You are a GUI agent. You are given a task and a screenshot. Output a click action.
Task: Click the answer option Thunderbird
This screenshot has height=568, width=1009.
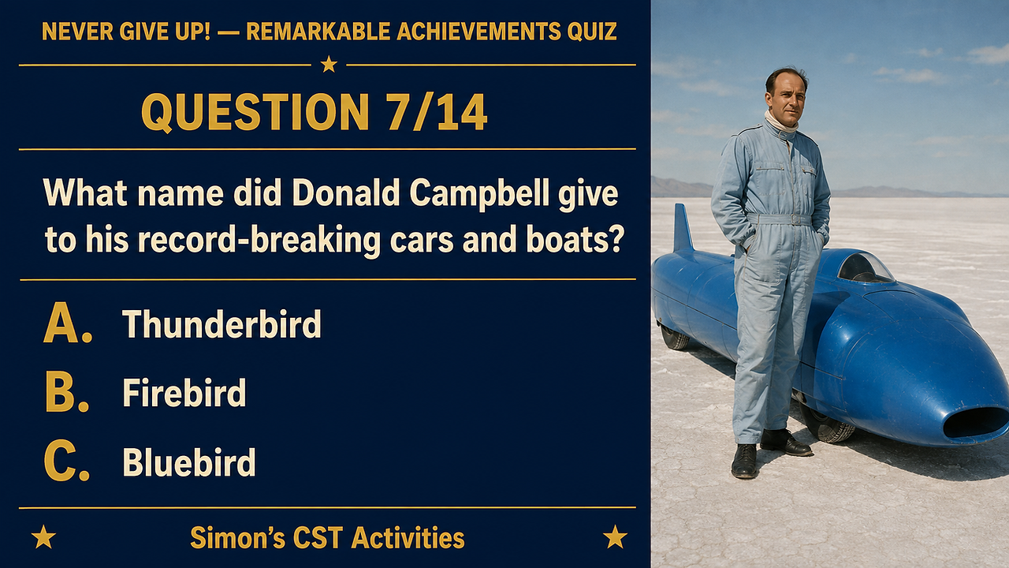222,323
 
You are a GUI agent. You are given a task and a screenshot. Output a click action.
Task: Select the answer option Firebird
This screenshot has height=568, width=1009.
184,393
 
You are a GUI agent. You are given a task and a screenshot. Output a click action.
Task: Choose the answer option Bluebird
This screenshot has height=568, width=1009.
188,462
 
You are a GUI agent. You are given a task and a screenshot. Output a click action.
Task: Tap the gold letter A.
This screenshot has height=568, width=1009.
63,323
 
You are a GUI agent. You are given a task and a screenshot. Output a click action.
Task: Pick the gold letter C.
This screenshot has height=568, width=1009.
62,461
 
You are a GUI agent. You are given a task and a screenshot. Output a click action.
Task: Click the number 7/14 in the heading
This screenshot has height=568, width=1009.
437,112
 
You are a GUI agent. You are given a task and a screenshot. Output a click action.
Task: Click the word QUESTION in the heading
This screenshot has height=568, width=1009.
255,113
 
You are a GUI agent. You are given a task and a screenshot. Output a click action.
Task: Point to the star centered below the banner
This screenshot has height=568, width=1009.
329,64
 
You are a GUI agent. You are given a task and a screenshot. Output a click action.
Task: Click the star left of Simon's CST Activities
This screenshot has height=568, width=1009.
43,536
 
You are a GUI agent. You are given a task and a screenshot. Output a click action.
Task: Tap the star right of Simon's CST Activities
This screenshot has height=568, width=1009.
615,536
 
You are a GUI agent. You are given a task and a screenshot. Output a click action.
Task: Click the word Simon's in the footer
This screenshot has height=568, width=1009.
238,538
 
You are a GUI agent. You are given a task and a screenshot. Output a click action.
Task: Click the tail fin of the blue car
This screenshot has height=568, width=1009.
683,228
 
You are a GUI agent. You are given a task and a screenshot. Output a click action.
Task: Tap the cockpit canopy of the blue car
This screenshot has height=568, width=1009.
865,268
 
